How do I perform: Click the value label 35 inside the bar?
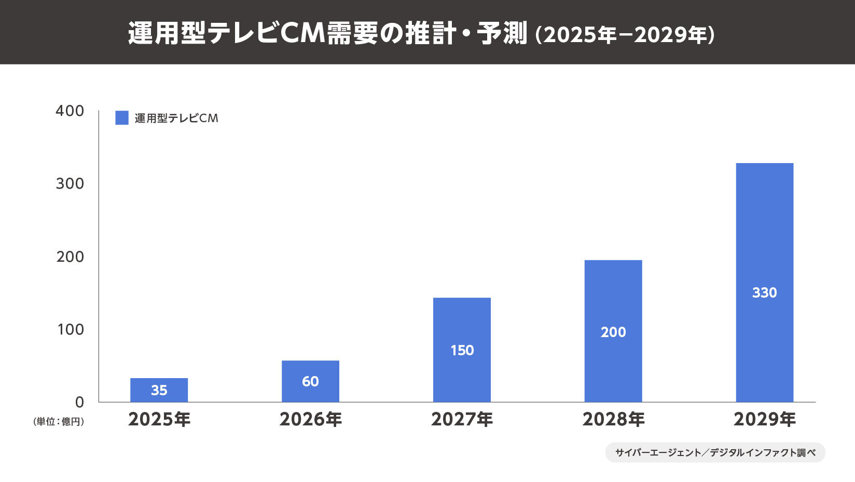[159, 390]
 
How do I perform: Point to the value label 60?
[310, 381]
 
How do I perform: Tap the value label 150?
[462, 350]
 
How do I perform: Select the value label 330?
[765, 292]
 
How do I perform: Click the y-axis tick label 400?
[70, 111]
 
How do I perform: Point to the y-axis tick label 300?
[70, 183]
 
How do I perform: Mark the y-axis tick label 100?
[70, 329]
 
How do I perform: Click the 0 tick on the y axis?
[79, 402]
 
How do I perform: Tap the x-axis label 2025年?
[159, 419]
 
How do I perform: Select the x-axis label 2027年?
[462, 419]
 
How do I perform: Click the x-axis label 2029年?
[765, 419]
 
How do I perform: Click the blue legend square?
[122, 118]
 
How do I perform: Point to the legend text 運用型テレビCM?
[176, 118]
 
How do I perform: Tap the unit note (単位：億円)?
[59, 421]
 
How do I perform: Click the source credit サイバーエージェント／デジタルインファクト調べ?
[715, 452]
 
